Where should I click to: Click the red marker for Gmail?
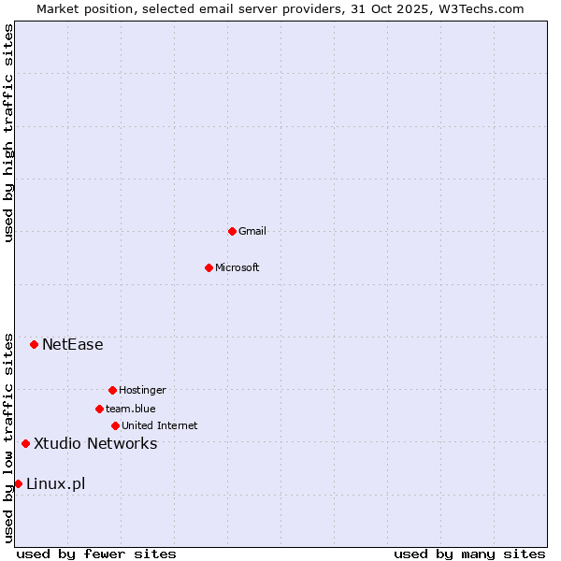pyautogui.click(x=232, y=231)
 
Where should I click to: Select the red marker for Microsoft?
pyautogui.click(x=209, y=267)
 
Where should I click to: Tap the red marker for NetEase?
pyautogui.click(x=34, y=344)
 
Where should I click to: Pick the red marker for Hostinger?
pyautogui.click(x=112, y=390)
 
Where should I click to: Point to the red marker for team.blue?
pyautogui.click(x=99, y=409)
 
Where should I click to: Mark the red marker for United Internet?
pyautogui.click(x=115, y=425)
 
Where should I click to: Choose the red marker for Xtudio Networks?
pyautogui.click(x=25, y=443)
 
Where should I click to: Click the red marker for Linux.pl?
pyautogui.click(x=18, y=483)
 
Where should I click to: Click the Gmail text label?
pyautogui.click(x=252, y=231)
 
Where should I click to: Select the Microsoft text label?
pyautogui.click(x=237, y=267)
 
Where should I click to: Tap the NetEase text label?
pyautogui.click(x=73, y=344)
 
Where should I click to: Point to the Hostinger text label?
pyautogui.click(x=142, y=390)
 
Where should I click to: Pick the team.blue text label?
pyautogui.click(x=131, y=409)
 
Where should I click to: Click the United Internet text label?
pyautogui.click(x=160, y=425)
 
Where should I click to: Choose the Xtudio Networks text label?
pyautogui.click(x=95, y=443)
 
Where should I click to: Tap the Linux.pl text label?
pyautogui.click(x=56, y=483)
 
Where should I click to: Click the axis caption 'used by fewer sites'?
pyautogui.click(x=96, y=554)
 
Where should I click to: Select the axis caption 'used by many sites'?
pyautogui.click(x=469, y=554)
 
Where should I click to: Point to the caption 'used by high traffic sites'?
pyautogui.click(x=8, y=133)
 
